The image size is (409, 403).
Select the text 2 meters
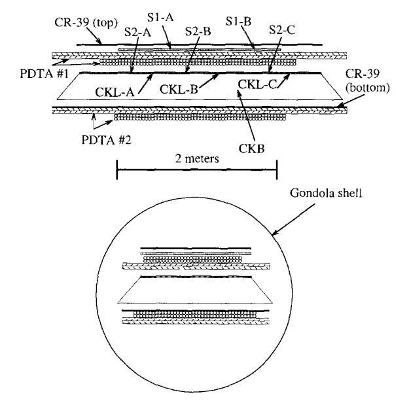196,159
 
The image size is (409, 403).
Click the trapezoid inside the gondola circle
196,289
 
